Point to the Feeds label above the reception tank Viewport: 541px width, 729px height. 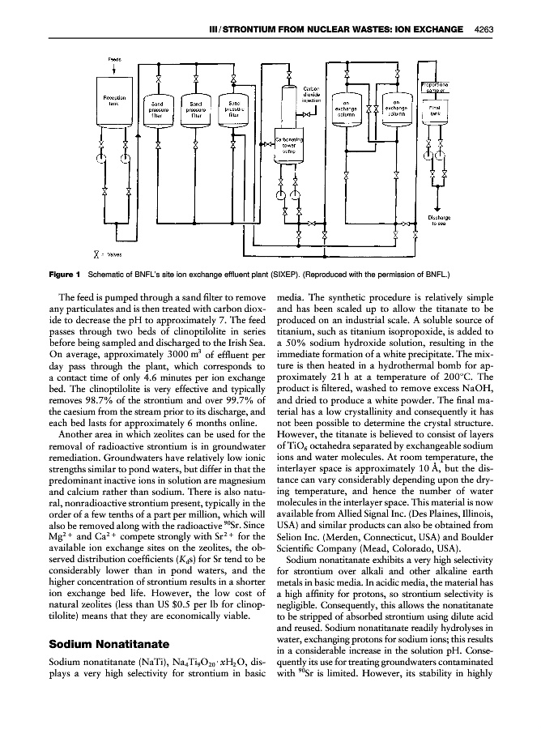(114, 59)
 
